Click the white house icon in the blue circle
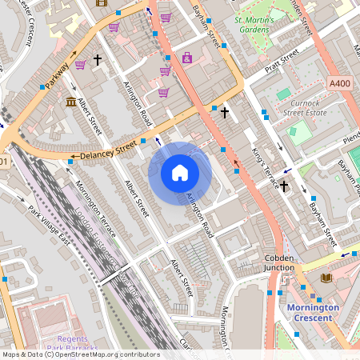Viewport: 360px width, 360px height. [x=180, y=172]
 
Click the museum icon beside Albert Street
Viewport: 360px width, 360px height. [x=71, y=102]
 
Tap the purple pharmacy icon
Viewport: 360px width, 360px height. [x=186, y=58]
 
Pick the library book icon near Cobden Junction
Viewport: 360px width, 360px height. [x=326, y=278]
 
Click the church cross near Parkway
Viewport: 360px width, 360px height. [x=98, y=59]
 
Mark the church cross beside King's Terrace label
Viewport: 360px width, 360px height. [x=283, y=186]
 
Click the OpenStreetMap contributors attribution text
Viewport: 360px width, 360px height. [x=80, y=354]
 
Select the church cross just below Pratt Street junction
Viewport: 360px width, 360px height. [x=225, y=113]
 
